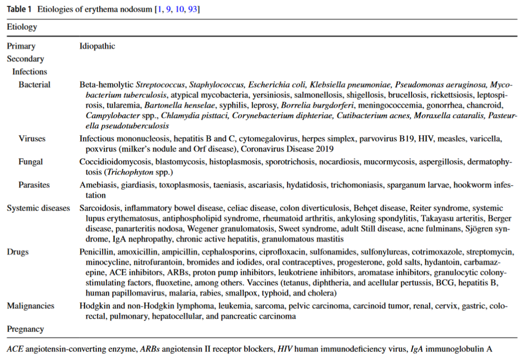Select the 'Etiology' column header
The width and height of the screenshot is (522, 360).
[x=22, y=27]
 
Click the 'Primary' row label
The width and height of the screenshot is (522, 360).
[x=21, y=46]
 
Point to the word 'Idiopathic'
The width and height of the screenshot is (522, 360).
[x=97, y=46]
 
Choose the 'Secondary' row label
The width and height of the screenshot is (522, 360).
[x=25, y=59]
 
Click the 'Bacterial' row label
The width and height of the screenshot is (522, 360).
[x=34, y=84]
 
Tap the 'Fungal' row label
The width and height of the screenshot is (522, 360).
[x=31, y=162]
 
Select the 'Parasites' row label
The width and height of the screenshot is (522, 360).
[x=34, y=185]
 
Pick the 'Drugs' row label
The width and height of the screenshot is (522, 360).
[x=18, y=252]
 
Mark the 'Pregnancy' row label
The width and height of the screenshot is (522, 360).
[x=25, y=329]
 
